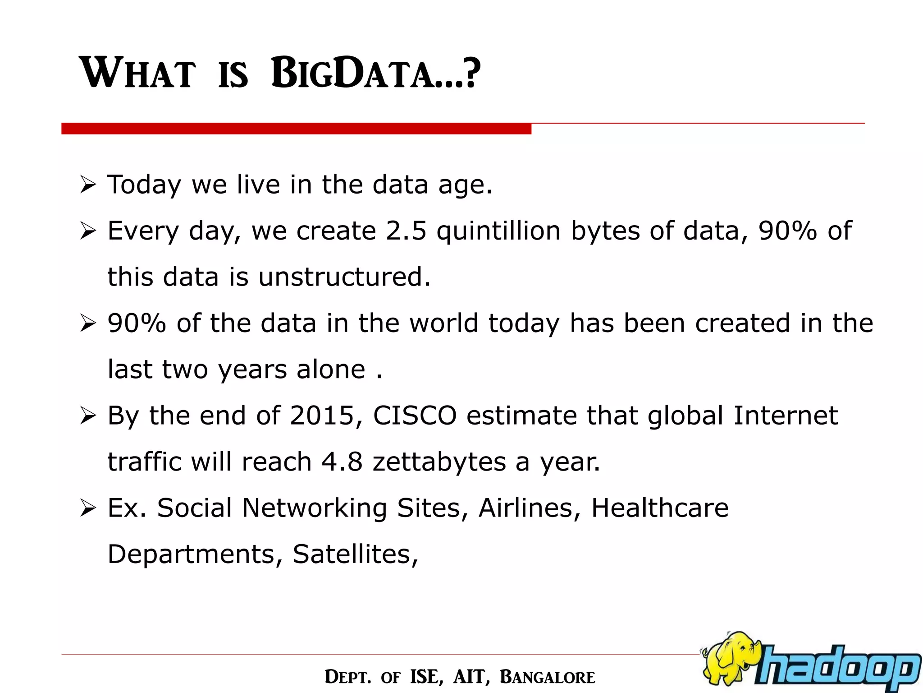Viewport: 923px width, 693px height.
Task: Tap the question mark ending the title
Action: tap(471, 73)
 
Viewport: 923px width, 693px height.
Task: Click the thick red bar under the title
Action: tap(296, 129)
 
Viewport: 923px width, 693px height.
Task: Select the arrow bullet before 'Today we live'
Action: tap(87, 185)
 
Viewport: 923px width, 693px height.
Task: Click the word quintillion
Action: tap(498, 231)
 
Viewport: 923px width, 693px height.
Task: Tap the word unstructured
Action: tap(344, 277)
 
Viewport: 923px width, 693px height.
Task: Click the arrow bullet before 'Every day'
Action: tap(87, 231)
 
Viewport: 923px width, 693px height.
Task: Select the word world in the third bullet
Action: tap(443, 323)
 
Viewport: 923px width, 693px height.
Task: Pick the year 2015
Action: tap(322, 416)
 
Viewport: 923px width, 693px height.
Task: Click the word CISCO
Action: tap(415, 416)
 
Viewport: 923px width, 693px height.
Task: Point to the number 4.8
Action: tap(342, 462)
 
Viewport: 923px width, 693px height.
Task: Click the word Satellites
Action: tap(355, 554)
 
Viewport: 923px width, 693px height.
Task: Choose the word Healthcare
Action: tap(659, 508)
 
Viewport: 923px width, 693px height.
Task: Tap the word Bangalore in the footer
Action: tap(547, 677)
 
